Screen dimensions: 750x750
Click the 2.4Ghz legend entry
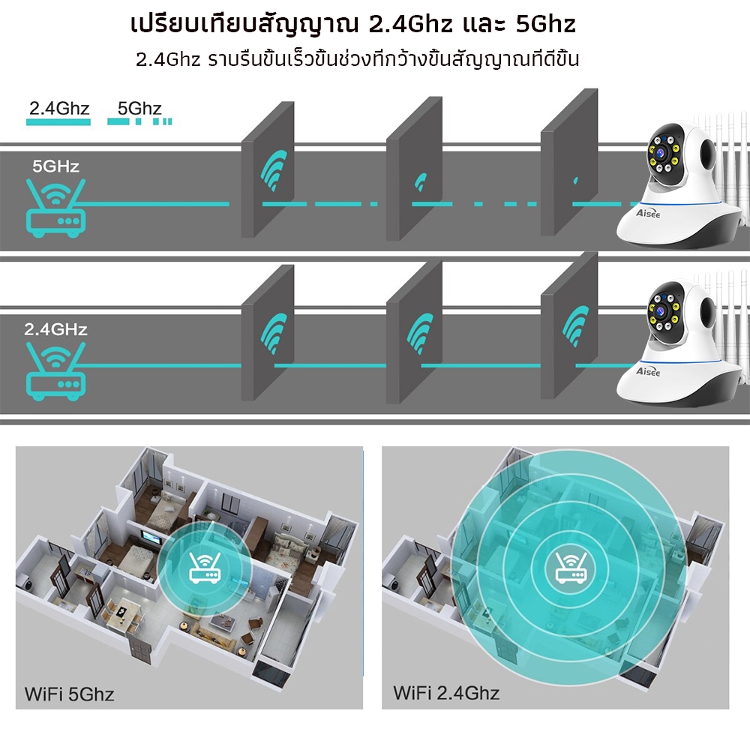[58, 109]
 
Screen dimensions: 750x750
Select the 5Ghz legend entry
[139, 109]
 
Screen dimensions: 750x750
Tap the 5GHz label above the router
[55, 166]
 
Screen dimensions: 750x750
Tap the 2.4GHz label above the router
[55, 329]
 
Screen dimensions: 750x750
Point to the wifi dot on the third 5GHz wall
[576, 181]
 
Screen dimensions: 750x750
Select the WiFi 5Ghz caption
[69, 693]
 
